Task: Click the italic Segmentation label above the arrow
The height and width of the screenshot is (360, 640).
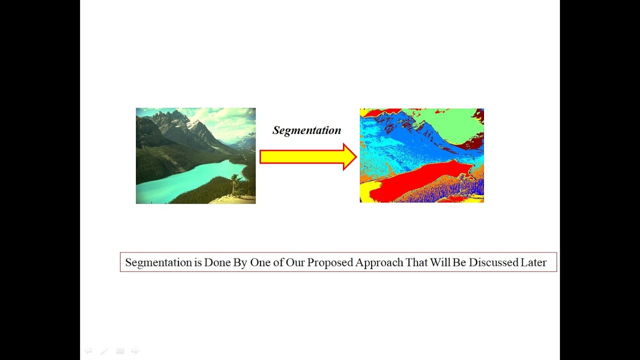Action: pos(306,130)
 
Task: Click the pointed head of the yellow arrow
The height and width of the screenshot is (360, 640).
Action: pos(349,157)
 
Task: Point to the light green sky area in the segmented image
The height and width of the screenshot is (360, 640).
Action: pos(445,122)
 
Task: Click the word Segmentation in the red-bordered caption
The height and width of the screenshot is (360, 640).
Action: pos(158,262)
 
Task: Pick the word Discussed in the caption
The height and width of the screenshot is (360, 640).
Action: pos(492,262)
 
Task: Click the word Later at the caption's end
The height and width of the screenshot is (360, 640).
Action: pos(533,262)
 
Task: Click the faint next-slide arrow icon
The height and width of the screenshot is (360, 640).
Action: pos(135,351)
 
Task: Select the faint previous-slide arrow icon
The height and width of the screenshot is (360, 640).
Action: pos(88,351)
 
